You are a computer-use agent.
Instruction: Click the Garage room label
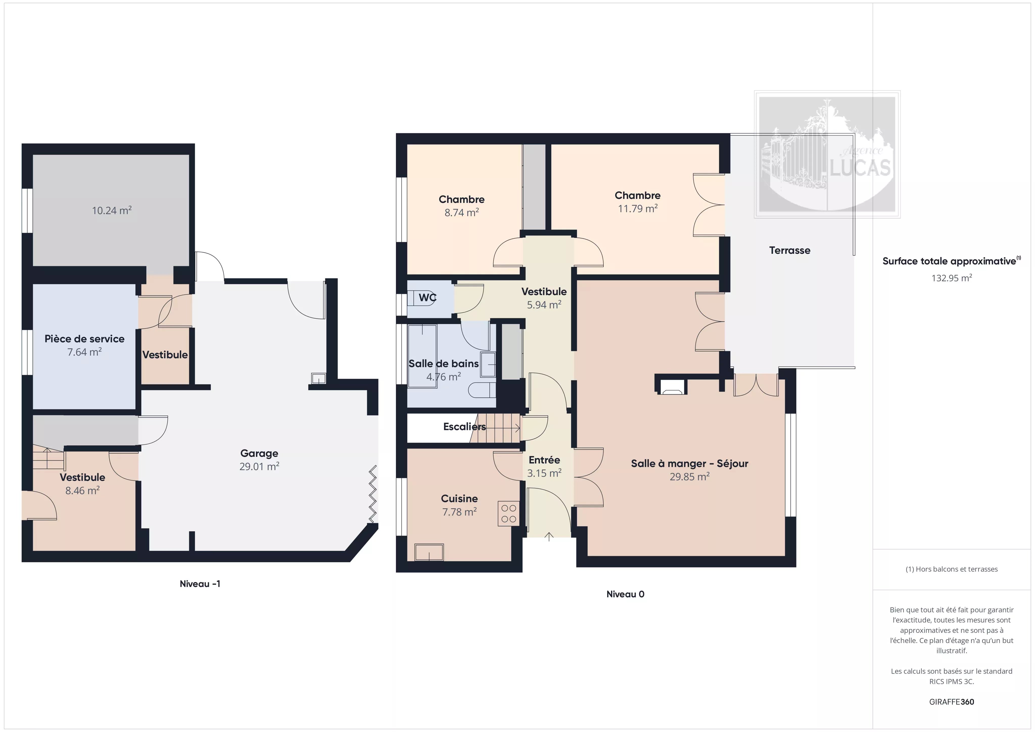click(259, 453)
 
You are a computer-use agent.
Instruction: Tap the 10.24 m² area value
click(112, 211)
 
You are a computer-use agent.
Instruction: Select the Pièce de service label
click(84, 339)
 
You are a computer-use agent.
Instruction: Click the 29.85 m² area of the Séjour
click(690, 477)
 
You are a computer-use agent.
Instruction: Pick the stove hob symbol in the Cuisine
click(508, 514)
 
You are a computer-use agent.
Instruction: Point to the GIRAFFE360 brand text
click(952, 702)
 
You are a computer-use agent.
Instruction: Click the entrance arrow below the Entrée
click(549, 537)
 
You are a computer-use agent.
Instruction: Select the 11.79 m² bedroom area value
click(638, 209)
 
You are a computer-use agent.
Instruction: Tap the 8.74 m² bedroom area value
click(462, 212)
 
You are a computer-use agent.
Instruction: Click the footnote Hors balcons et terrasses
click(952, 569)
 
